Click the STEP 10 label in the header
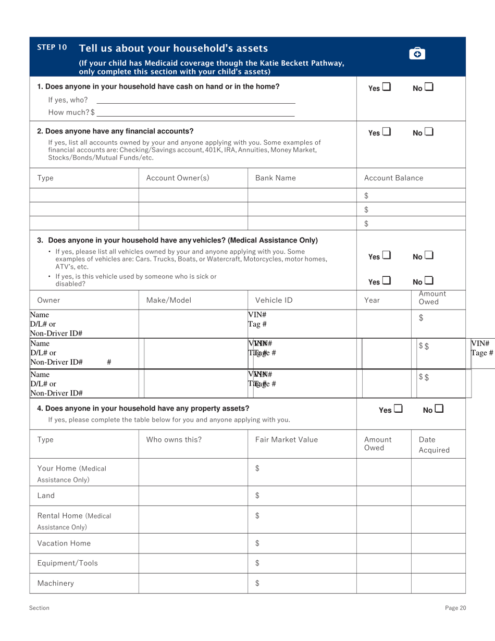coord(52,47)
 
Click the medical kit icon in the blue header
coord(417,53)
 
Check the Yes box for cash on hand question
coord(386,88)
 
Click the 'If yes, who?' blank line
coord(195,100)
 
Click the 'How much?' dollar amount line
coord(195,112)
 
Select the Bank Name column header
coord(275,178)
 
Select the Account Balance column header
coord(393,178)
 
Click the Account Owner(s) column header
coord(178,178)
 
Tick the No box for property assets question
coord(439,409)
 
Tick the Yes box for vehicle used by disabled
coord(386,281)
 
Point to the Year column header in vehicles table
coord(372,300)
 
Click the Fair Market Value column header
coord(286,440)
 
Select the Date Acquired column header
coord(434,445)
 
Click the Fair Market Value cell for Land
coord(302,495)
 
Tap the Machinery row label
coord(55,583)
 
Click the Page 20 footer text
coord(455,608)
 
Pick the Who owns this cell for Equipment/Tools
coord(193,563)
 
